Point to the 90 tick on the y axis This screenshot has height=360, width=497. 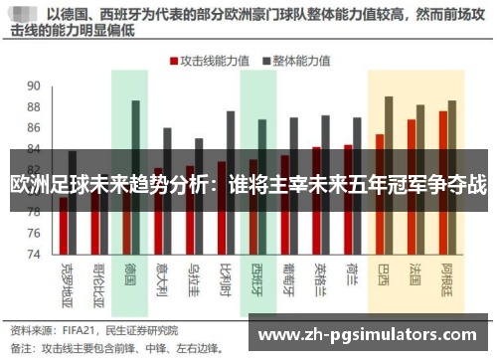[x=34, y=85]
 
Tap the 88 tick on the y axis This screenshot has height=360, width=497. [x=34, y=106]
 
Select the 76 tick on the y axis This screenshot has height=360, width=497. [x=34, y=233]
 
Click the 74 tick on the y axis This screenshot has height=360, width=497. [x=34, y=254]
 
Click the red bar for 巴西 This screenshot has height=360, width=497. [x=379, y=194]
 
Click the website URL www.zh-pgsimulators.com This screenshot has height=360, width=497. [x=367, y=332]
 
